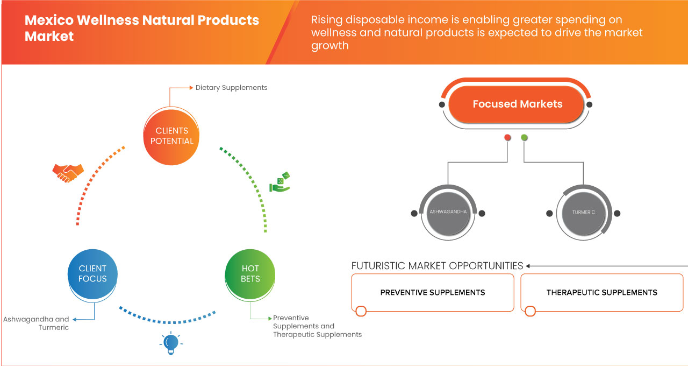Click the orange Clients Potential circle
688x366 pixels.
172,136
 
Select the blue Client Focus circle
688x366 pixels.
92,273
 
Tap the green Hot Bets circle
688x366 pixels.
250,273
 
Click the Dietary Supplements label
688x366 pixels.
231,87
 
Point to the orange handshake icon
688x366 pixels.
68,173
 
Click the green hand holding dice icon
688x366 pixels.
280,182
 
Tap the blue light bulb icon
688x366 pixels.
170,343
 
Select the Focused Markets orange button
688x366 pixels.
517,104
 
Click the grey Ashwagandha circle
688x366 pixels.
448,213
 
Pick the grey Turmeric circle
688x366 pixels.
583,213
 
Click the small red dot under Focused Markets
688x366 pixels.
507,138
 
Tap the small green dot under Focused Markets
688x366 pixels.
524,138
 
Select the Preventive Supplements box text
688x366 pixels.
433,293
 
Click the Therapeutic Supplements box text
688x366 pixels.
601,293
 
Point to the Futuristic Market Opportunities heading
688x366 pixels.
437,266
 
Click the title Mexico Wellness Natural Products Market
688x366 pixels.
142,28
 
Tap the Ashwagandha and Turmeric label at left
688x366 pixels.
37,323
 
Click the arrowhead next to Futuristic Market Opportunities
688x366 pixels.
528,266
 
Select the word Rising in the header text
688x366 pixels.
327,20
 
